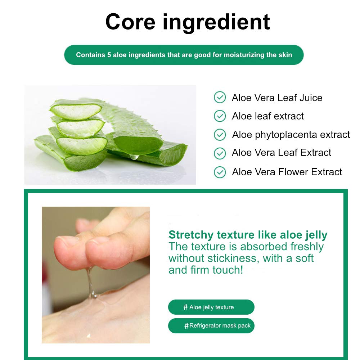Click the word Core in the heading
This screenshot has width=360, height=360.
coord(130,22)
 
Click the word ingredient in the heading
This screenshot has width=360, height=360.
coord(216,23)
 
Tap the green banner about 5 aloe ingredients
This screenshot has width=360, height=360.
coord(184,55)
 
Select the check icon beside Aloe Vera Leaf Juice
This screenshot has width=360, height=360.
coord(220,97)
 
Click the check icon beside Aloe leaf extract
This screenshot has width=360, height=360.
coord(220,116)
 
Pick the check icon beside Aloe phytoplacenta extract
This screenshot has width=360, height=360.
coord(220,135)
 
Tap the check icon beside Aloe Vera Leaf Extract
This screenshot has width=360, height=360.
coord(220,153)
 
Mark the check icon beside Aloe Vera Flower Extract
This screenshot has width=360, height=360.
coord(220,172)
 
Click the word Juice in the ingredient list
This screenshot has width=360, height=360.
coord(311,98)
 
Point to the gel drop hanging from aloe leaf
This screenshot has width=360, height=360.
coord(134,157)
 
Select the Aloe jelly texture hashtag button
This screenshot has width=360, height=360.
coord(211,307)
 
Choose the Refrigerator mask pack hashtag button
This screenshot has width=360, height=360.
coord(211,325)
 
